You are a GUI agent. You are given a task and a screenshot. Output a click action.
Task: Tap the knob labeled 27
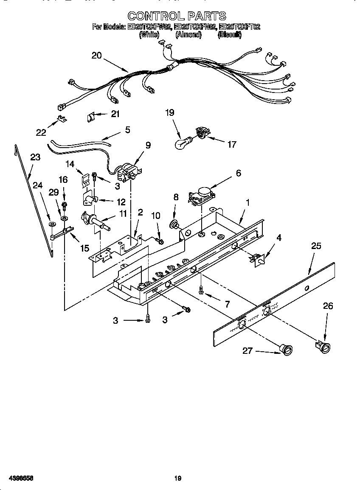point(287,349)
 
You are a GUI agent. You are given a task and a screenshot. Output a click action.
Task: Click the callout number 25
point(316,246)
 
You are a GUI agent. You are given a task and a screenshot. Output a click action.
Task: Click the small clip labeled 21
point(91,115)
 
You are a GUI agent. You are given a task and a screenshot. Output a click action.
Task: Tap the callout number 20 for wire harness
point(97,55)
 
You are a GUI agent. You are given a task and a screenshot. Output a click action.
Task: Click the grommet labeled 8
point(174,224)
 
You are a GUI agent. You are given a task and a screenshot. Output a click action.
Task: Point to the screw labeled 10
point(160,241)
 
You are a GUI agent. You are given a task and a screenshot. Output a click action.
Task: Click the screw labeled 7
point(201,291)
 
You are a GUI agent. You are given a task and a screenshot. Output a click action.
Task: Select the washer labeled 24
point(51,224)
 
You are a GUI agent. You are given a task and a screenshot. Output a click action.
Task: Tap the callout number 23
point(35,157)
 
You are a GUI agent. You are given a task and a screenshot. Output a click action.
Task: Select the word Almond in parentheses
point(188,35)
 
